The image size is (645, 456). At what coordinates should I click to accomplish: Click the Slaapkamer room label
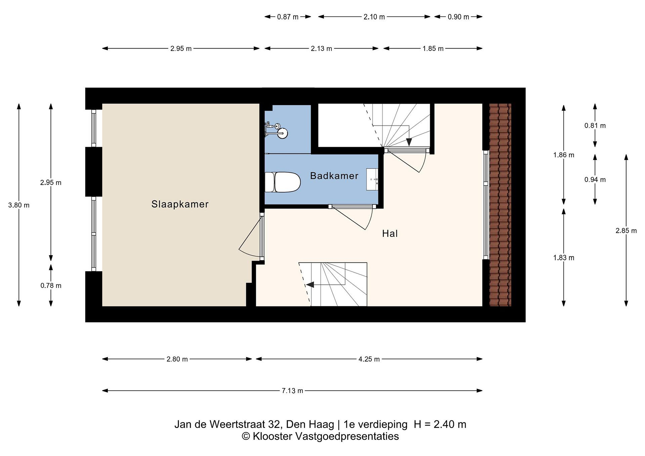click(180, 204)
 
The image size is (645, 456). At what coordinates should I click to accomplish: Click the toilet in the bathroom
click(283, 182)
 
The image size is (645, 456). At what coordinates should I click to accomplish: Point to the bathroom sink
click(372, 180)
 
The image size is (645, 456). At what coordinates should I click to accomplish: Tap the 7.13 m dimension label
click(292, 391)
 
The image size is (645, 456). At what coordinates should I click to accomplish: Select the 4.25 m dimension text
click(369, 359)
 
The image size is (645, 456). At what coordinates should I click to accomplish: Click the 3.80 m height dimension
click(19, 205)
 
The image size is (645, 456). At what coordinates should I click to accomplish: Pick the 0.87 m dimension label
click(288, 17)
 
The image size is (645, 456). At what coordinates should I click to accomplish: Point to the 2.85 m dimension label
click(626, 231)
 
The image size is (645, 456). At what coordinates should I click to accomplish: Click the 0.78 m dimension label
click(51, 286)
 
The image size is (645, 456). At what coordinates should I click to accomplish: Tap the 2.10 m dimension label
click(374, 17)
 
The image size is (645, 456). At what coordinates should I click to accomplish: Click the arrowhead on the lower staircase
click(310, 285)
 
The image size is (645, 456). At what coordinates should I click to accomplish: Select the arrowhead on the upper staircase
click(409, 142)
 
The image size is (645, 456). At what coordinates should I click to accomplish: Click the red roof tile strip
click(500, 205)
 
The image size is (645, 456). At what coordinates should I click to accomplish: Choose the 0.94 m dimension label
click(595, 180)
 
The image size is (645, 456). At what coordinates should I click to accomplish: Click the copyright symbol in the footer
click(246, 436)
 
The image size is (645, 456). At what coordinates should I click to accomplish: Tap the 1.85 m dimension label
click(433, 49)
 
